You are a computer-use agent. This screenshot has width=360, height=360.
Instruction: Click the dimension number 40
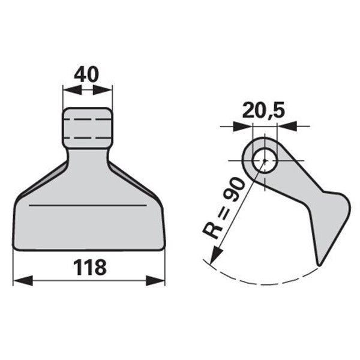click(x=86, y=74)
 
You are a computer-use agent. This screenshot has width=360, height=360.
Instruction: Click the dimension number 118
click(x=90, y=267)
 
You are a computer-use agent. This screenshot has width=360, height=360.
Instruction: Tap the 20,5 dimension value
click(x=263, y=110)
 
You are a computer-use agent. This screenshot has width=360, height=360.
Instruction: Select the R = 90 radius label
click(x=223, y=208)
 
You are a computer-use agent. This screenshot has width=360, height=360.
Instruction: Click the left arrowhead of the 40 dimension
click(x=72, y=90)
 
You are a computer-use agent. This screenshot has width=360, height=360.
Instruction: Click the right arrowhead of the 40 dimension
click(x=103, y=90)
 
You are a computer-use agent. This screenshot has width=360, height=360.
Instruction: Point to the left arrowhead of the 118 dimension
click(x=23, y=281)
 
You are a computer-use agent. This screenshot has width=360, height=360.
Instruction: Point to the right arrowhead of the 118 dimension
click(x=155, y=281)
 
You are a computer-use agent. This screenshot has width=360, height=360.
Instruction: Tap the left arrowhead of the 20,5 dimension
click(x=242, y=126)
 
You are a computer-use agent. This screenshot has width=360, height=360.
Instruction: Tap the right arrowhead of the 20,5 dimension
click(x=287, y=126)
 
